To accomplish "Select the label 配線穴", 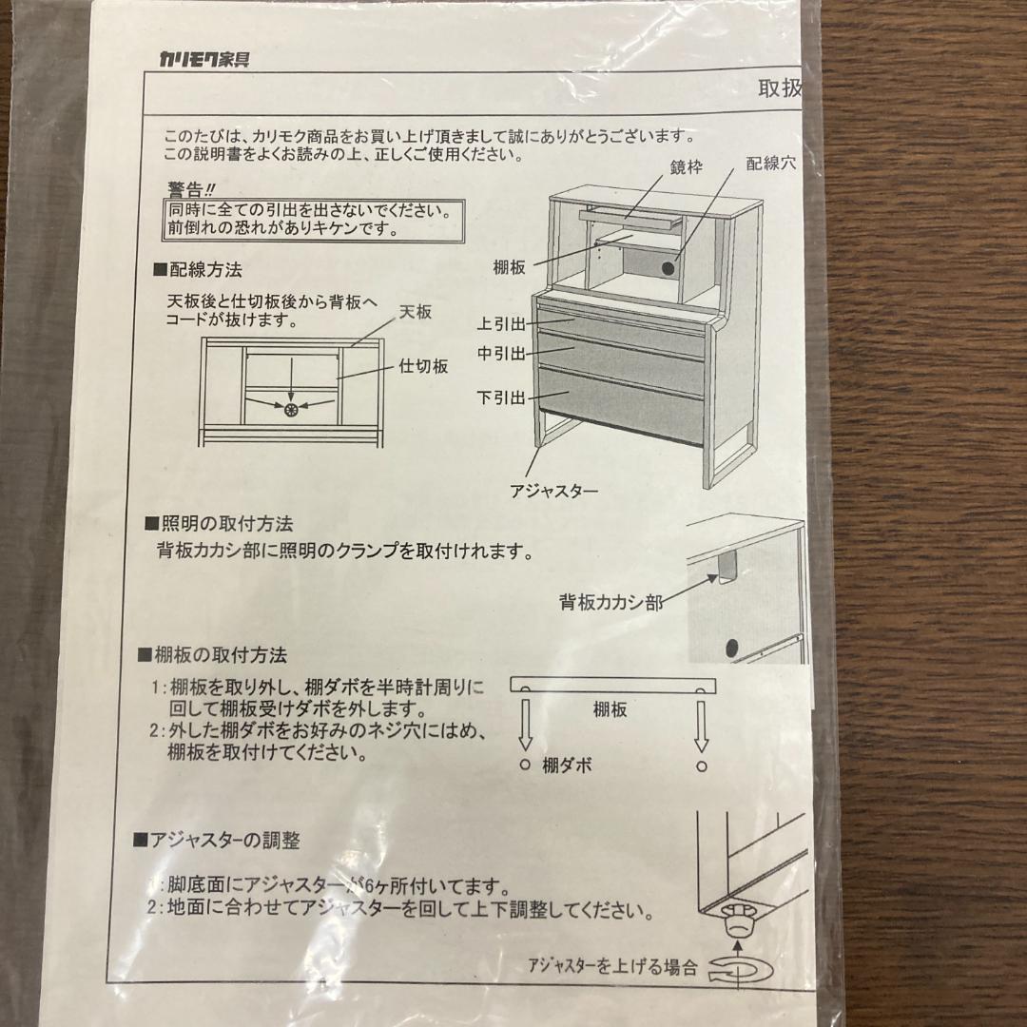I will pyautogui.click(x=770, y=164).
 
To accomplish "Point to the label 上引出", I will pyautogui.click(x=501, y=324).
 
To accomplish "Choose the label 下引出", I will pyautogui.click(x=501, y=397).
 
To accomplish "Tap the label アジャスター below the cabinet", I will pyautogui.click(x=553, y=491).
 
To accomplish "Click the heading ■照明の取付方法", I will pyautogui.click(x=219, y=524).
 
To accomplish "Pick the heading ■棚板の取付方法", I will pyautogui.click(x=212, y=655).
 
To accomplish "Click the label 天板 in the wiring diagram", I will pyautogui.click(x=417, y=312).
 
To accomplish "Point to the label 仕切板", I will pyautogui.click(x=423, y=365).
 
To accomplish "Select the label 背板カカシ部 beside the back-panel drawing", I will pyautogui.click(x=610, y=602).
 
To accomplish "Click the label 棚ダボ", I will pyautogui.click(x=568, y=765).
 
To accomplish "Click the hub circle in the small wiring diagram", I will pyautogui.click(x=291, y=410).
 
